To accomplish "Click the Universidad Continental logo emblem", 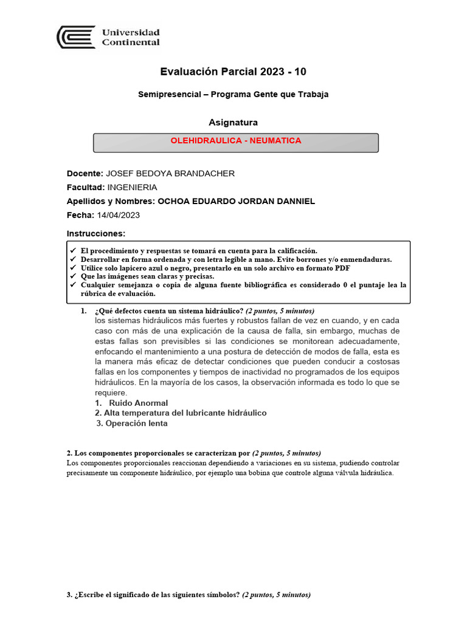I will click(x=75, y=37).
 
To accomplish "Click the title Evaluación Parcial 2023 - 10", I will click(x=233, y=72).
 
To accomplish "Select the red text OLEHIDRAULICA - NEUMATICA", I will click(x=236, y=141).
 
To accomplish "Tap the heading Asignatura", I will click(x=233, y=123).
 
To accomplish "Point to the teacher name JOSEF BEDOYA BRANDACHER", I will click(x=170, y=174).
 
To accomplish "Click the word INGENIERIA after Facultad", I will click(x=132, y=187).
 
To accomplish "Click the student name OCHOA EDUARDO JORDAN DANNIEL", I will click(x=236, y=201).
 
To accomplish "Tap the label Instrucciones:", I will click(x=95, y=234).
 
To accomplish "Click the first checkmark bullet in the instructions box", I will click(x=73, y=251).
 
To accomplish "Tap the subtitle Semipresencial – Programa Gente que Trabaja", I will click(x=233, y=94).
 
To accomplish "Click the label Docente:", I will click(x=85, y=174).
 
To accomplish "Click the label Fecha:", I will click(x=80, y=215).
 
